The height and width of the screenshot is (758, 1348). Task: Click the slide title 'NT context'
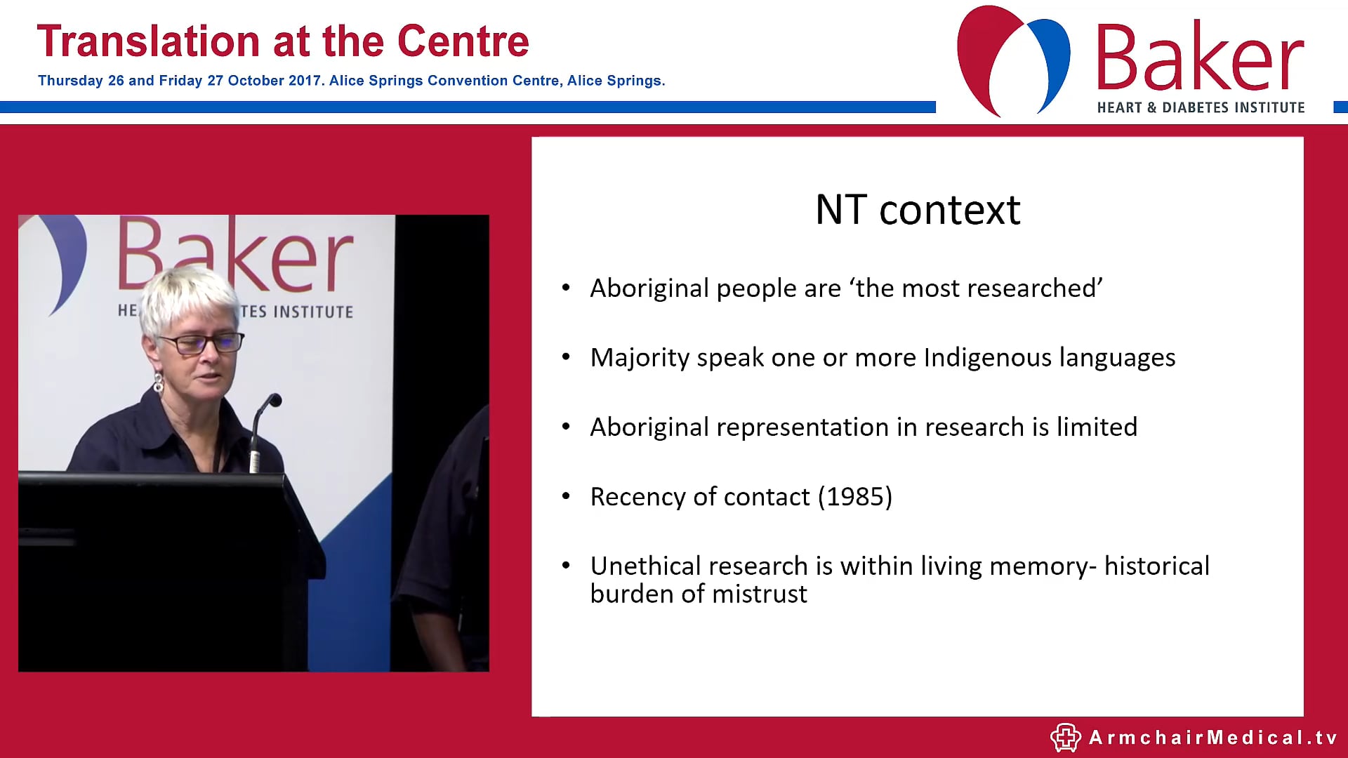tap(917, 210)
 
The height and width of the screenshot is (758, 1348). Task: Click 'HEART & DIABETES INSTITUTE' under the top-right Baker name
tap(1201, 107)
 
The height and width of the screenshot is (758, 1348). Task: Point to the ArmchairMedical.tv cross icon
tap(1064, 737)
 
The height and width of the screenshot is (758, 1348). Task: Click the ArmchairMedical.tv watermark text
tap(1213, 738)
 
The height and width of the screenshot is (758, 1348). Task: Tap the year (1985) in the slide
tap(855, 497)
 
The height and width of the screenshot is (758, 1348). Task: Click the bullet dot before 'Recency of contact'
tap(566, 497)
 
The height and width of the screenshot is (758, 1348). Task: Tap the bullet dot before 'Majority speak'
tap(566, 358)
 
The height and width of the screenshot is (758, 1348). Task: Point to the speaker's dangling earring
tap(159, 383)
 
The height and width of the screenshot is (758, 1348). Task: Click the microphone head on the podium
tap(274, 401)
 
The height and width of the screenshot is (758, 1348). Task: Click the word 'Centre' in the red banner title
tap(463, 41)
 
